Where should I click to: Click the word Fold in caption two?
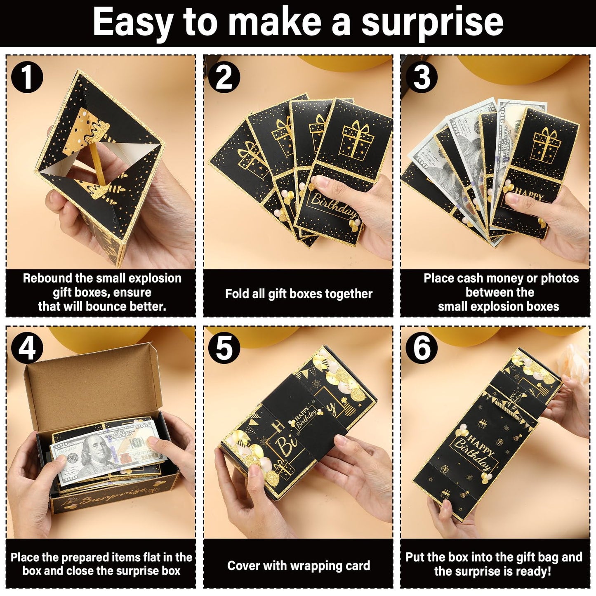235,294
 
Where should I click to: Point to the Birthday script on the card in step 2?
333,205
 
